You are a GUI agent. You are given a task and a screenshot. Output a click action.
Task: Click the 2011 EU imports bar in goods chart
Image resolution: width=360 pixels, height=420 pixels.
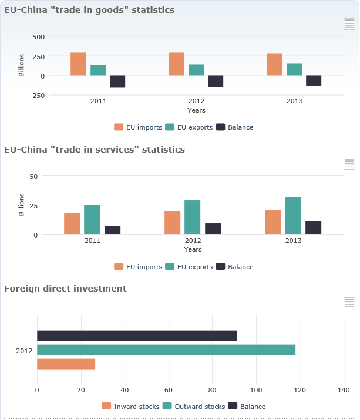tap(78, 64)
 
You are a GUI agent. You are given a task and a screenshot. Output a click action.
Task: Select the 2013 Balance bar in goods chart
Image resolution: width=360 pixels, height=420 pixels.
tap(314, 81)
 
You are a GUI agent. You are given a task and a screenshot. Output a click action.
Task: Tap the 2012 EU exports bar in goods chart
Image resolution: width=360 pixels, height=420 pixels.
tap(196, 70)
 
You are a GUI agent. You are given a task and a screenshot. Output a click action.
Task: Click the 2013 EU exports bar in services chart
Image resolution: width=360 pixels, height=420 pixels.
tap(293, 215)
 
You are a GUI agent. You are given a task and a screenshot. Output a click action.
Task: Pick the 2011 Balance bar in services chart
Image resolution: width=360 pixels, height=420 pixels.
tap(113, 230)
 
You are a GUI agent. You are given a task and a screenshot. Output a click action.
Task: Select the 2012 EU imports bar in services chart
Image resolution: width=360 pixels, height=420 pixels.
tap(173, 223)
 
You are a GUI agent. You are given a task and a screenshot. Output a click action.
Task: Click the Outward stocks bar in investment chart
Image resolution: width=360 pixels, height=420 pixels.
tap(166, 350)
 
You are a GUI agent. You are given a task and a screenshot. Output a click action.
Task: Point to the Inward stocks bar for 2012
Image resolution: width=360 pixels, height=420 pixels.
tap(66, 364)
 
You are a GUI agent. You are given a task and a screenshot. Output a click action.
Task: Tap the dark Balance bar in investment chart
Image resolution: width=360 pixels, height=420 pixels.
tap(137, 336)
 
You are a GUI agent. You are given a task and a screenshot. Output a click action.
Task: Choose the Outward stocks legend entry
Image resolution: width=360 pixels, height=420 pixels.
tap(193, 407)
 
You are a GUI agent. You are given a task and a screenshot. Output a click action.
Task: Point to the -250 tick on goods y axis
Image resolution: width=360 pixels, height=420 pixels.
tap(37, 95)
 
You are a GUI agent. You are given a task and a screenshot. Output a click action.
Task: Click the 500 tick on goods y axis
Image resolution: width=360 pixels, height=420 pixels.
tap(39, 36)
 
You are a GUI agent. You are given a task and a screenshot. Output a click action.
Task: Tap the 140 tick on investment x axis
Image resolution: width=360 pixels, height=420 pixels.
tap(344, 389)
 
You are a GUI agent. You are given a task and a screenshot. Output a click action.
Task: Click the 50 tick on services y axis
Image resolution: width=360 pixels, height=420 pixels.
tap(33, 176)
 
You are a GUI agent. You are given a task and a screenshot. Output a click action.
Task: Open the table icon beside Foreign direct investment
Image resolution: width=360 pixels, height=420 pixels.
tap(349, 303)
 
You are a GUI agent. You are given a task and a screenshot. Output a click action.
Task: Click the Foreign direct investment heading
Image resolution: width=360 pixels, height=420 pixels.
tap(65, 289)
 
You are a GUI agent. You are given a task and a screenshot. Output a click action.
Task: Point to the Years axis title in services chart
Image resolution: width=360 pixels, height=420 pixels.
tap(193, 249)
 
